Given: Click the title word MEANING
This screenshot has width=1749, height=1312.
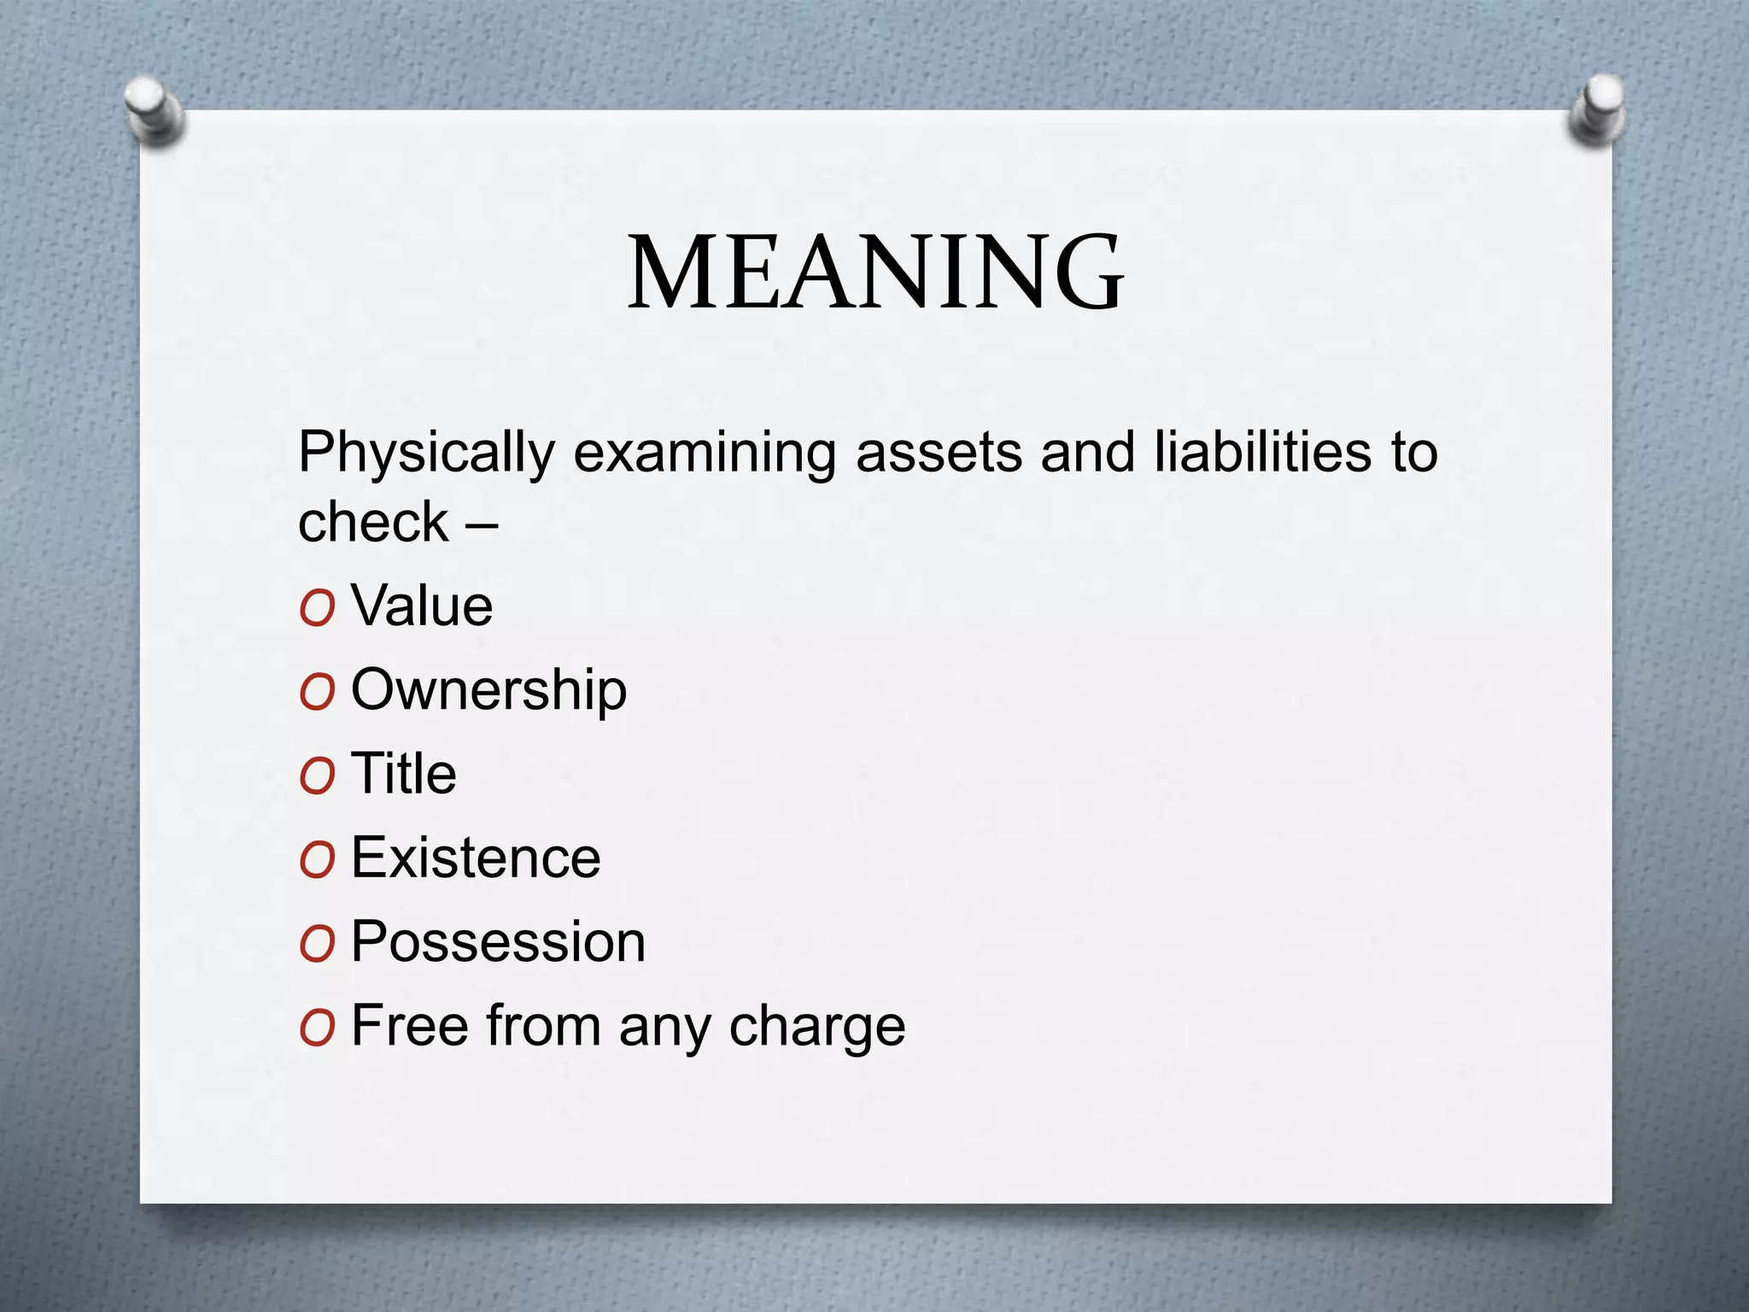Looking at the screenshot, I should (x=875, y=272).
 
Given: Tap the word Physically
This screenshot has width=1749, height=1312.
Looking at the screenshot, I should (x=426, y=453).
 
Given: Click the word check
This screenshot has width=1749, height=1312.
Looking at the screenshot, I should (x=373, y=522).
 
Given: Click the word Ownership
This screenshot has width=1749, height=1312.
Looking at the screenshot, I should (x=488, y=690).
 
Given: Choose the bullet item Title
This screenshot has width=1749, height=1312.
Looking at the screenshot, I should (x=403, y=773).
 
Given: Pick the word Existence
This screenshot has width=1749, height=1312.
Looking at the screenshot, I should (x=476, y=858).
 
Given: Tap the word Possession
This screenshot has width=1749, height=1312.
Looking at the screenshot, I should (x=498, y=941).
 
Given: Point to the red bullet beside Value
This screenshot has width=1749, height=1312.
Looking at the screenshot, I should (x=316, y=608).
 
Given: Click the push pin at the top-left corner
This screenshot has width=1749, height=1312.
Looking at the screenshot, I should (x=154, y=111).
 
